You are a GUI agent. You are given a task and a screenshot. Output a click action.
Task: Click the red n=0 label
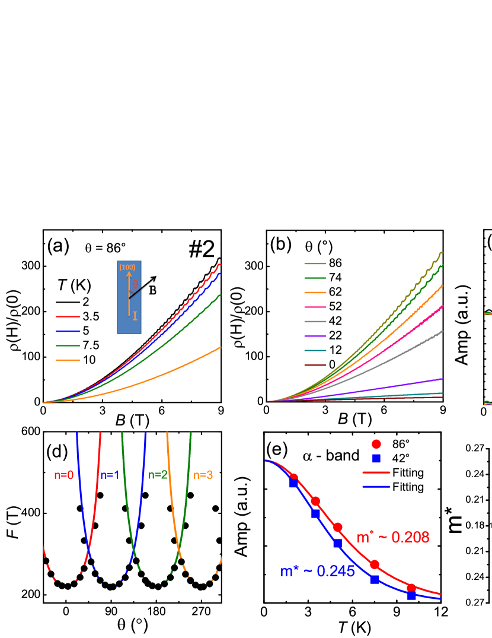63,475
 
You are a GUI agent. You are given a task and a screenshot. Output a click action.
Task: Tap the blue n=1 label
110,475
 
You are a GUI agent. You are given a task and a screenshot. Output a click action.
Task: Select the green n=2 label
158,475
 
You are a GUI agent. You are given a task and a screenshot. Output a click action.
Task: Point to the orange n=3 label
203,475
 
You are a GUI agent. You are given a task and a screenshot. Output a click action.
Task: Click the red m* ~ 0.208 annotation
393,538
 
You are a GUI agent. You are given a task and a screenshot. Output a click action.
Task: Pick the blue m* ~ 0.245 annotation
317,572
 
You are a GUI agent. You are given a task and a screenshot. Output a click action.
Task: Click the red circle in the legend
376,444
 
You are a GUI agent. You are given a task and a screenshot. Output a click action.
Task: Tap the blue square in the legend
376,458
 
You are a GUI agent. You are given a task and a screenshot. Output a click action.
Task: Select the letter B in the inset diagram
152,291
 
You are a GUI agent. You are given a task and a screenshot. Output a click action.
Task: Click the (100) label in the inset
127,268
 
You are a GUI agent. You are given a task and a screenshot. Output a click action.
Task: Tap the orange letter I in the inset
135,316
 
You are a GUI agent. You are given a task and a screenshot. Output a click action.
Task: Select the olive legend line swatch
315,264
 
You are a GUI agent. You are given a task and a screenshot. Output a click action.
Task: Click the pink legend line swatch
315,307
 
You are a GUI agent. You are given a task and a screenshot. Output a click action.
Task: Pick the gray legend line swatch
315,322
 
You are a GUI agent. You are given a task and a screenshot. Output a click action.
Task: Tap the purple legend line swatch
315,336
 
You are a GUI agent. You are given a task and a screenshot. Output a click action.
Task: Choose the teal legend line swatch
315,351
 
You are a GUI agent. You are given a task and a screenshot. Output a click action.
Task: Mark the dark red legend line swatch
315,365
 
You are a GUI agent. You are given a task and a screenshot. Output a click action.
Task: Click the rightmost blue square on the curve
411,596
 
